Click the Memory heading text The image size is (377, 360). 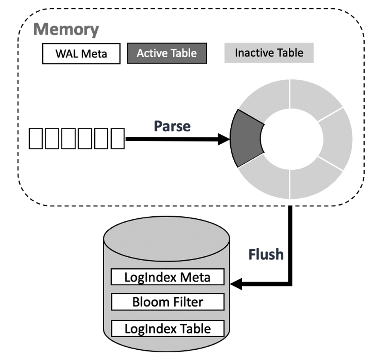coord(66,29)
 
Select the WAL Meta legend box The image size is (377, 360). coord(81,54)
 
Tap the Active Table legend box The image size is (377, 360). coord(167,53)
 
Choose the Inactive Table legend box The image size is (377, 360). coord(269,53)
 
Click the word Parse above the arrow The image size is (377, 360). coord(172,126)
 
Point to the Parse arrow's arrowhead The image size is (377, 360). coord(224,139)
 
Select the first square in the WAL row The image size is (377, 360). coord(36,139)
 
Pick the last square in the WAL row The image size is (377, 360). coord(117,139)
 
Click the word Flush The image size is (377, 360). coord(266,254)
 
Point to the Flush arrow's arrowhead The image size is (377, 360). coord(235,283)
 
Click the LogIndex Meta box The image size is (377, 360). coord(167,277)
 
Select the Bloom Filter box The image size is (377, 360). coord(167,302)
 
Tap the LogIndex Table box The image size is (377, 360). coord(167,328)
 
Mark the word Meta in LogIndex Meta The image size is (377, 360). coord(195,277)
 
